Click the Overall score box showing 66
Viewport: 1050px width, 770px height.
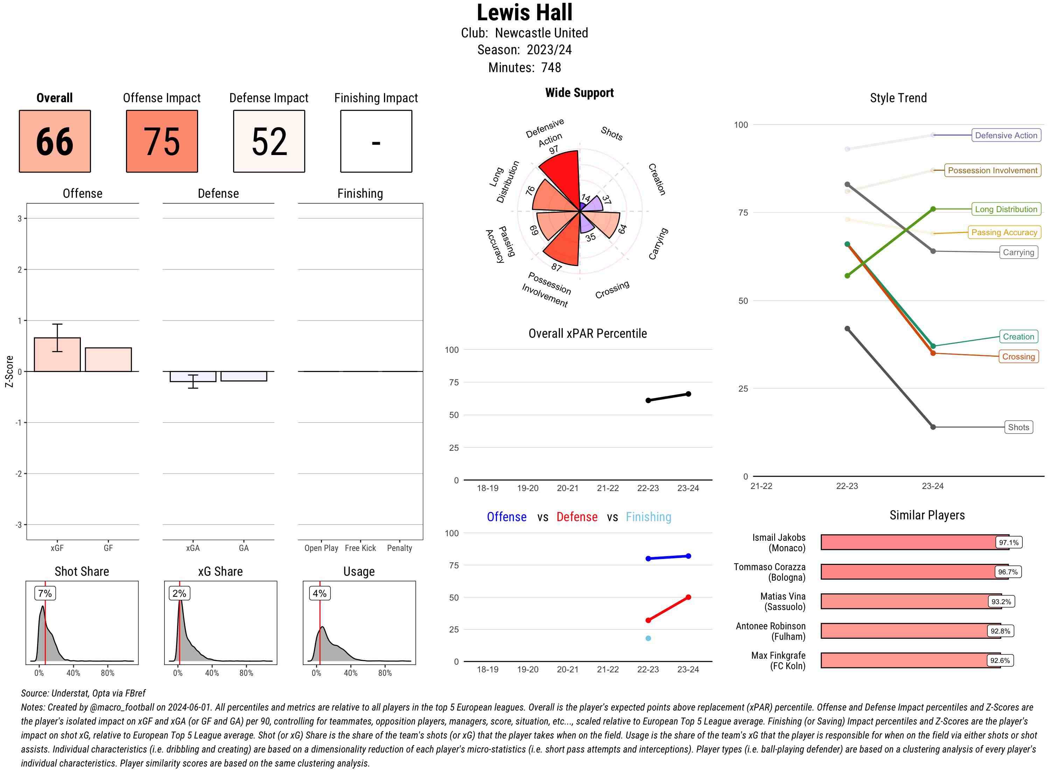coord(55,141)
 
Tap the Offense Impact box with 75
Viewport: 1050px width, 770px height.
coord(162,141)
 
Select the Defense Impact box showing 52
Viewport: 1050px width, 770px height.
coord(269,141)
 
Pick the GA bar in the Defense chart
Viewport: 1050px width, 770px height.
coord(244,376)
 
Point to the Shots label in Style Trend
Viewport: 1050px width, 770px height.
coord(1018,427)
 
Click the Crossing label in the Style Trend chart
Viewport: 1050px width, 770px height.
coord(1018,357)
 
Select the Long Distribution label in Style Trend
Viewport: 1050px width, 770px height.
coord(1006,209)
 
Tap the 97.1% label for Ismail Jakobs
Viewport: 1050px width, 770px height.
coord(1008,542)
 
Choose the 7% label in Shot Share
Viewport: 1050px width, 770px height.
coord(45,593)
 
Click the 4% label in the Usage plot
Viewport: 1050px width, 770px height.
coord(319,593)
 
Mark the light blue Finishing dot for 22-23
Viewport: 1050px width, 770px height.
coord(648,638)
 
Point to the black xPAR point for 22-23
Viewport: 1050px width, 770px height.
coord(648,400)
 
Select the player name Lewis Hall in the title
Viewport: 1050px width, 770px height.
coord(524,13)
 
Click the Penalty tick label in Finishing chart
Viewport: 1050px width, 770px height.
coord(399,548)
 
